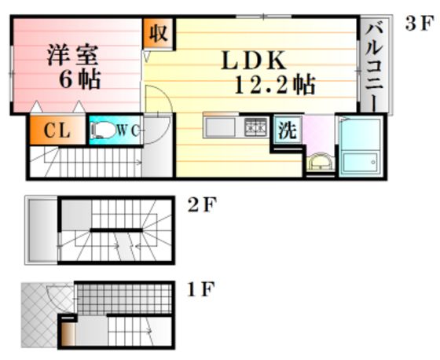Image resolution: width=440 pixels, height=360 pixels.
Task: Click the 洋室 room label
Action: [72, 55]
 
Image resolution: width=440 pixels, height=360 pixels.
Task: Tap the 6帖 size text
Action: [79, 79]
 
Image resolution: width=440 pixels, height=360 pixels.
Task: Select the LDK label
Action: [254, 61]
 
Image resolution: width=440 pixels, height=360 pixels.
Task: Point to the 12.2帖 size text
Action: [275, 84]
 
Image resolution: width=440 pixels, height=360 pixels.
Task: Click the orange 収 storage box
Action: [158, 33]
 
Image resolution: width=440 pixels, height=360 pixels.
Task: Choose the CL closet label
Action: [57, 130]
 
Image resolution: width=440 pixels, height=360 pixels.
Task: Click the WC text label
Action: [127, 130]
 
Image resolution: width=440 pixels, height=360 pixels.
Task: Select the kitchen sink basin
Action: [221, 127]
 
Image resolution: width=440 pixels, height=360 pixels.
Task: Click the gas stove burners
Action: [255, 127]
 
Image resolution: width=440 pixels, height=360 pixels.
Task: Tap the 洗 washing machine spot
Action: [288, 130]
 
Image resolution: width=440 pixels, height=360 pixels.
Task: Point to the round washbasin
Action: [320, 161]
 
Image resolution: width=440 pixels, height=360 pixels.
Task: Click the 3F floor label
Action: [420, 24]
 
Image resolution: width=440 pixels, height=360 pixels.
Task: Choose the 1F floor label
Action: [201, 289]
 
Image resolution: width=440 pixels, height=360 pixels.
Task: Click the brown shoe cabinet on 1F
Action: [68, 334]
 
